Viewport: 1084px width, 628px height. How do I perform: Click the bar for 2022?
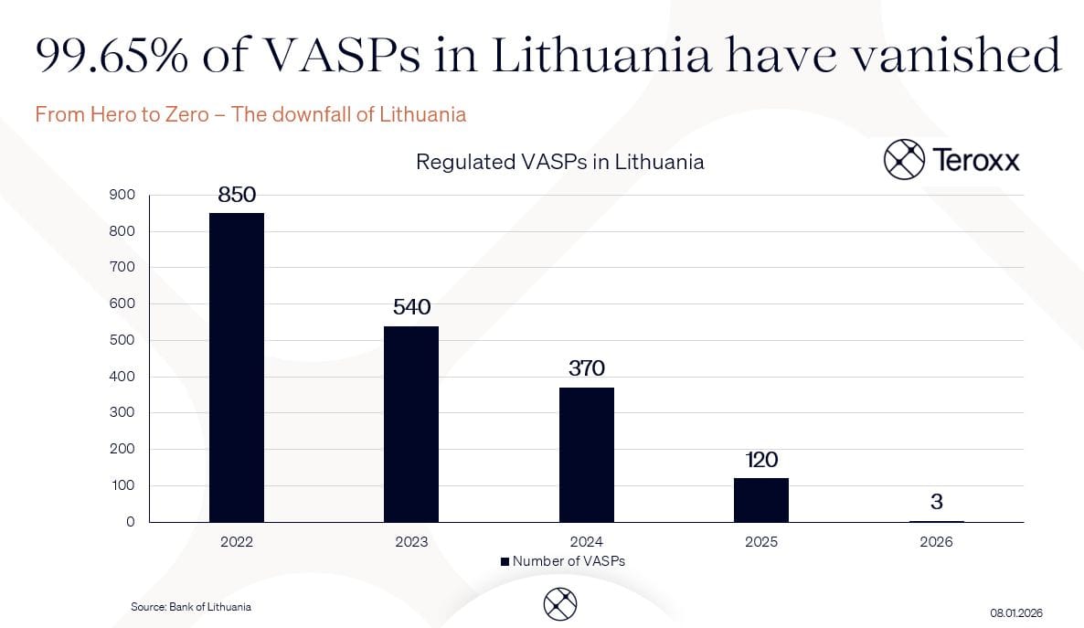pyautogui.click(x=237, y=367)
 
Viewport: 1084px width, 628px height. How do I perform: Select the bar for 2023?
pyautogui.click(x=411, y=423)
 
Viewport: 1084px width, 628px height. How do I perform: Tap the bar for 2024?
pyautogui.click(x=586, y=454)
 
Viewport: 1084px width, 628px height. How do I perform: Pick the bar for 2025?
pyautogui.click(x=760, y=499)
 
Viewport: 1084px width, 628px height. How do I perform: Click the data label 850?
pyautogui.click(x=237, y=195)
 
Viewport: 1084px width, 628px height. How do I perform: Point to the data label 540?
pyautogui.click(x=411, y=307)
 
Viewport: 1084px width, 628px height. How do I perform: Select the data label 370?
pyautogui.click(x=587, y=368)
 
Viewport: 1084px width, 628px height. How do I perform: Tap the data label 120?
pyautogui.click(x=761, y=459)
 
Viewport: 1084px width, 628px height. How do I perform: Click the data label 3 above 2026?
pyautogui.click(x=936, y=502)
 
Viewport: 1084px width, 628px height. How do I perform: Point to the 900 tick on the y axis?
pyautogui.click(x=122, y=195)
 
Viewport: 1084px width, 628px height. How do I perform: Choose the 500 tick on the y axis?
pyautogui.click(x=122, y=340)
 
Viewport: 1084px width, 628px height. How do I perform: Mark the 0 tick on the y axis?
pyautogui.click(x=131, y=522)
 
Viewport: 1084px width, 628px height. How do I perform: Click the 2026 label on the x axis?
pyautogui.click(x=936, y=542)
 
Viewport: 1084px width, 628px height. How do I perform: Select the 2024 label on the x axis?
pyautogui.click(x=586, y=542)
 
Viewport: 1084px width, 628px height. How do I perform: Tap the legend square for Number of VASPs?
pyautogui.click(x=505, y=561)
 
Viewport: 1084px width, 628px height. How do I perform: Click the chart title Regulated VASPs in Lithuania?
pyautogui.click(x=559, y=163)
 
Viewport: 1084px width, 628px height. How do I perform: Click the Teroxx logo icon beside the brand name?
pyautogui.click(x=904, y=160)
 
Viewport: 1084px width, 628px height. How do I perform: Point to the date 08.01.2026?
pyautogui.click(x=1016, y=612)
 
